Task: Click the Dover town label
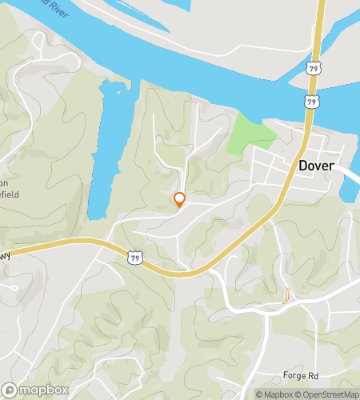point(316,166)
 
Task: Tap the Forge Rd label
point(301,353)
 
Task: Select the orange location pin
point(180,200)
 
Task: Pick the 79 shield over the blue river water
point(310,102)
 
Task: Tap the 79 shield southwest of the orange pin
point(135,258)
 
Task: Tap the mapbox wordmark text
point(45,390)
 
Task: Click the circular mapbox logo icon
point(11,390)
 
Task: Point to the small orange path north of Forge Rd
point(285,297)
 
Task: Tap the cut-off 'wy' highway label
point(5,256)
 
